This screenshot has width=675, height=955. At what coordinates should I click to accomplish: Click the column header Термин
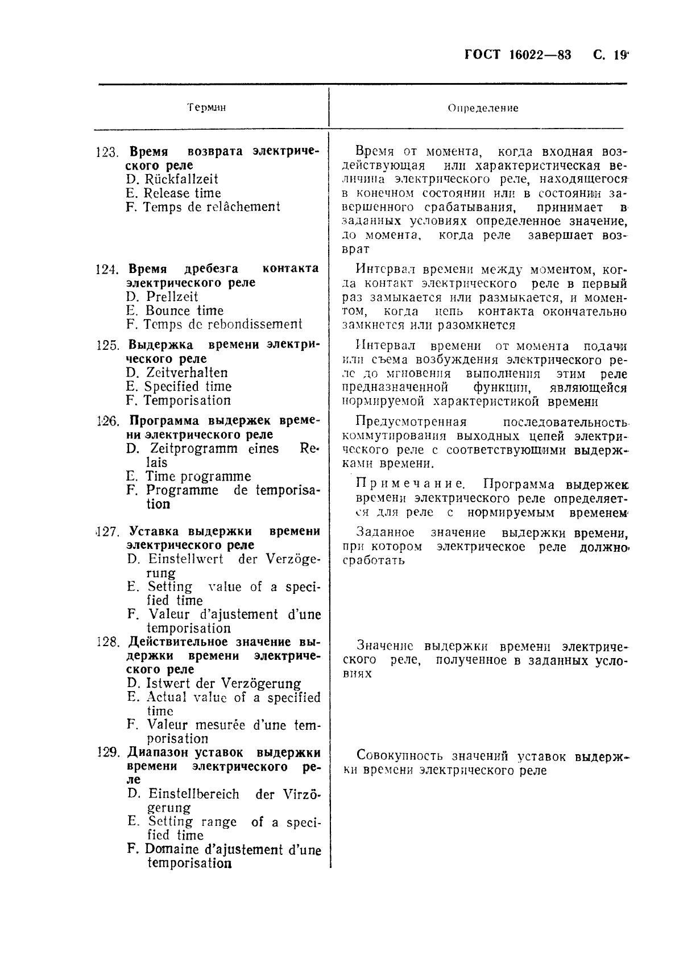(x=206, y=108)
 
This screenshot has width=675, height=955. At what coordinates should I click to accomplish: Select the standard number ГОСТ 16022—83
(x=517, y=55)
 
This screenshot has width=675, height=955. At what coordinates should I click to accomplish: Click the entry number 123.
(x=106, y=152)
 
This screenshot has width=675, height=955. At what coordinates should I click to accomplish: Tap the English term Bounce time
(x=184, y=311)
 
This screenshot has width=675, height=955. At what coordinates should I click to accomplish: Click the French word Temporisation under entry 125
(x=187, y=400)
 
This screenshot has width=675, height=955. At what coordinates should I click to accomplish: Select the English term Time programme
(x=198, y=477)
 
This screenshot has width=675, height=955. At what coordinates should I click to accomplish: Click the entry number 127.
(x=106, y=532)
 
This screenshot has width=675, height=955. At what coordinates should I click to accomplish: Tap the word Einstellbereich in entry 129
(x=193, y=794)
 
